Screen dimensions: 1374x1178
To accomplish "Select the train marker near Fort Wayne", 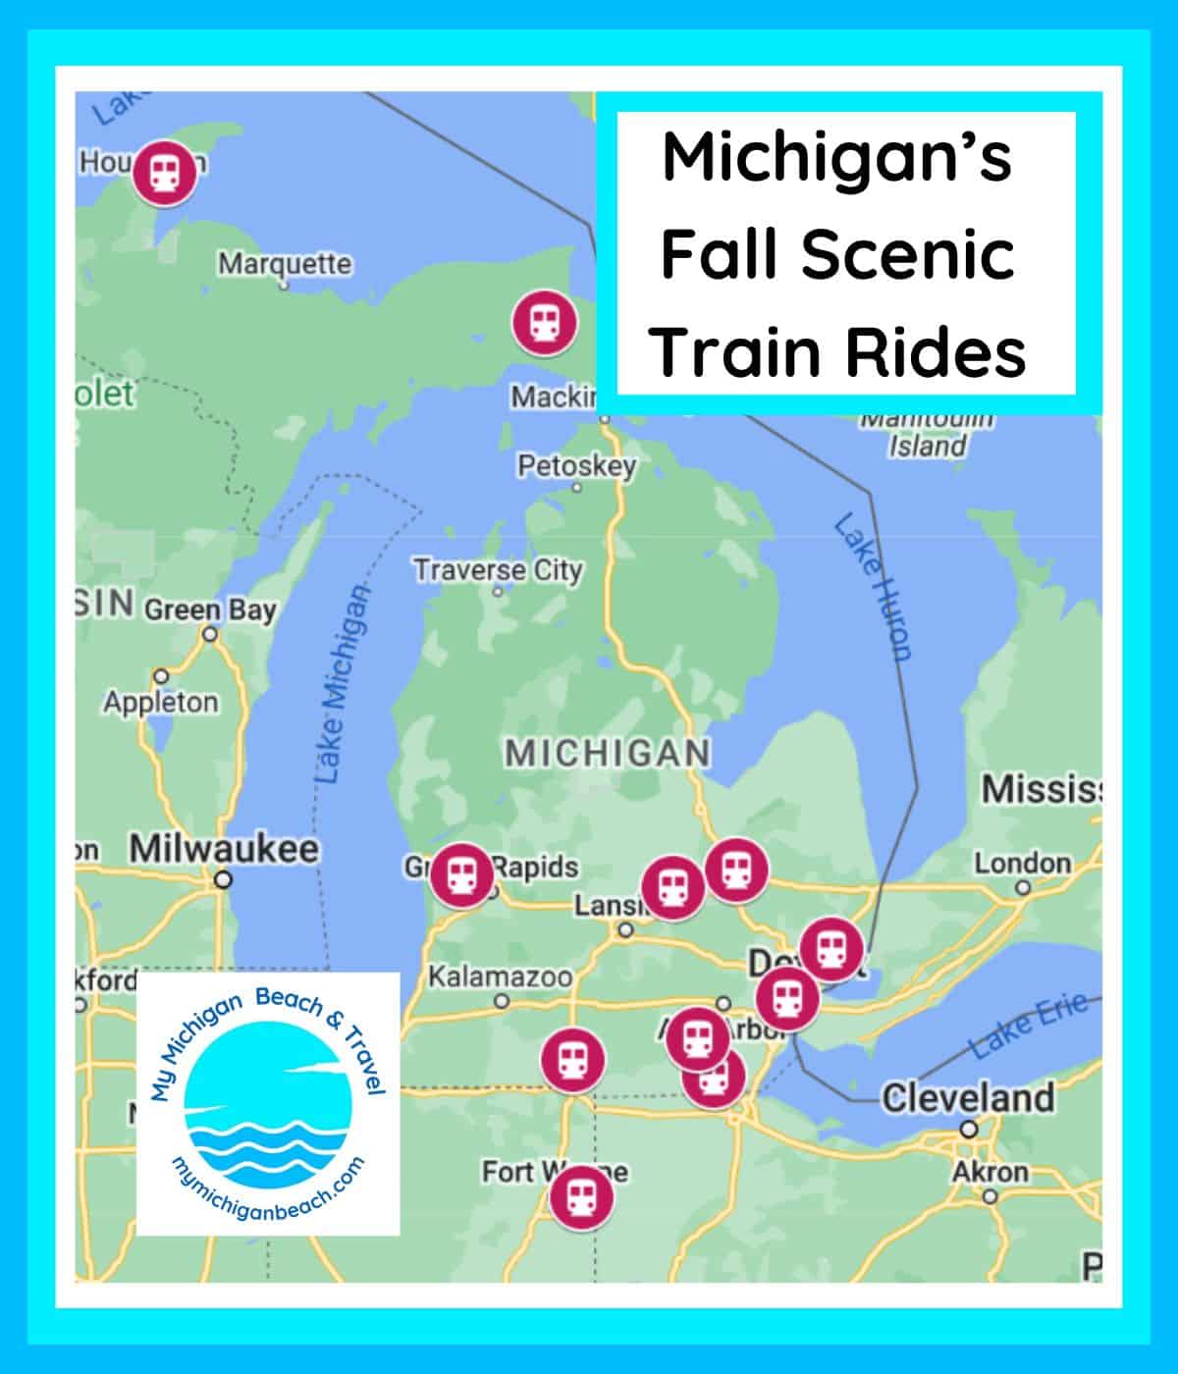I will [x=580, y=1196].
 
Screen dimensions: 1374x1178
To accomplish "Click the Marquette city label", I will [x=284, y=264].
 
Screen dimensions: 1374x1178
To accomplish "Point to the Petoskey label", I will [x=576, y=465].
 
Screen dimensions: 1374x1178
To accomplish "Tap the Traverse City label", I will [x=497, y=570].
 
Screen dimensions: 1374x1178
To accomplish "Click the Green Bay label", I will [x=210, y=610].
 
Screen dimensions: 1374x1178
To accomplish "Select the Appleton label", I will [x=161, y=703].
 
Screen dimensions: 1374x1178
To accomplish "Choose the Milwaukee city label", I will [x=224, y=849].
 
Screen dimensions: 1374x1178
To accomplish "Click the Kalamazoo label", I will [x=500, y=978].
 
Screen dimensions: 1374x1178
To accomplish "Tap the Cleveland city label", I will [x=968, y=1097].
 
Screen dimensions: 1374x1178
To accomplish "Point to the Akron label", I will [x=990, y=1172].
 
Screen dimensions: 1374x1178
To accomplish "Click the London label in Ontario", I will [x=1022, y=864].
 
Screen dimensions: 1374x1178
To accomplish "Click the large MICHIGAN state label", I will [x=607, y=754].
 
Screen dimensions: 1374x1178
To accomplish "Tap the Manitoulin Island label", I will [x=927, y=435].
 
